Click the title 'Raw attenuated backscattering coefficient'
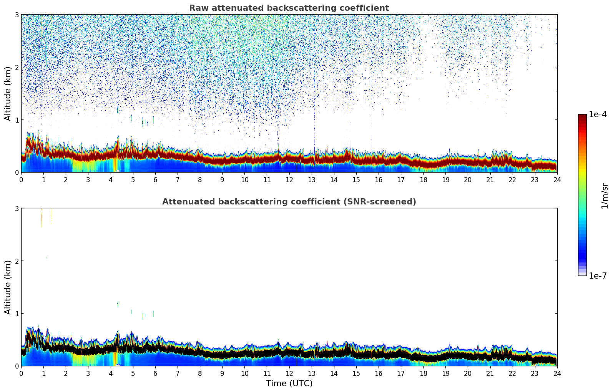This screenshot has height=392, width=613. pyautogui.click(x=289, y=8)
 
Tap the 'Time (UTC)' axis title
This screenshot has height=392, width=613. pyautogui.click(x=289, y=384)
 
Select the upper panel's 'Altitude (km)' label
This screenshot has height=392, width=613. pyautogui.click(x=8, y=93)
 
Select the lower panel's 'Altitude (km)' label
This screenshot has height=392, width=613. pyautogui.click(x=8, y=287)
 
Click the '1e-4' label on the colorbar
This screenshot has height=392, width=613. pyautogui.click(x=598, y=115)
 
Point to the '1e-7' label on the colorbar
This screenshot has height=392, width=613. pyautogui.click(x=598, y=276)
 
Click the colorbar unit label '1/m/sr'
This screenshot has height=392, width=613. pyautogui.click(x=605, y=196)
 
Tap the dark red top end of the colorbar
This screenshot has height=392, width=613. pyautogui.click(x=582, y=116)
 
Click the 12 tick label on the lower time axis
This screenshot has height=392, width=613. pyautogui.click(x=289, y=374)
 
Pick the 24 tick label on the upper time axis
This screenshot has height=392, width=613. pyautogui.click(x=557, y=180)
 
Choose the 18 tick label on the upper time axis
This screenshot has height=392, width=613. pyautogui.click(x=423, y=180)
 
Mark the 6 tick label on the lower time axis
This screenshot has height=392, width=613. pyautogui.click(x=155, y=374)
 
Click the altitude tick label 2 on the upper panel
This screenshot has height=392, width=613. pyautogui.click(x=17, y=67)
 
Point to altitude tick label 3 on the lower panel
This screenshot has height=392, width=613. pyautogui.click(x=17, y=208)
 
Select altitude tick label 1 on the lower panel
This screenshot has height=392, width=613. pyautogui.click(x=17, y=314)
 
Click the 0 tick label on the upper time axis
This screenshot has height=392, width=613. pyautogui.click(x=21, y=180)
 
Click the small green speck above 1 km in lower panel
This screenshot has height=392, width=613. pyautogui.click(x=118, y=304)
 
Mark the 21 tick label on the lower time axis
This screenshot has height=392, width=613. pyautogui.click(x=490, y=374)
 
